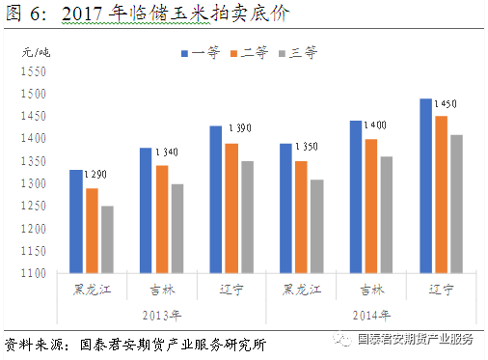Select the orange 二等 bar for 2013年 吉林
coord(161,219)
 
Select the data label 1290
coord(95,175)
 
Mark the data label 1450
coord(445,103)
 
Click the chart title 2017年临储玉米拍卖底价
coord(174,14)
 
